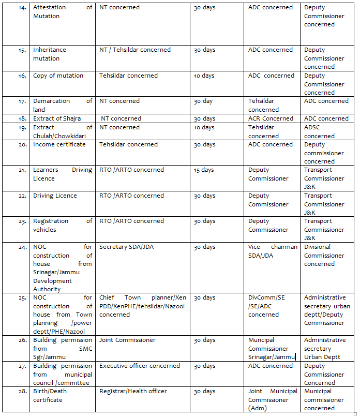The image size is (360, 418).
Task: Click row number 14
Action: click(22, 8)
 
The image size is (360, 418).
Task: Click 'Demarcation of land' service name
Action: click(63, 106)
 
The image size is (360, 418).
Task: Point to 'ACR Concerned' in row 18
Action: click(271, 118)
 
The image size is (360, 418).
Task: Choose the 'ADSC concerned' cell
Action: click(319, 131)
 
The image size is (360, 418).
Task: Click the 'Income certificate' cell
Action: click(59, 145)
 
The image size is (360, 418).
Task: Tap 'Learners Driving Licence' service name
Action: click(63, 174)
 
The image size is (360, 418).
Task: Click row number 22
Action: click(22, 196)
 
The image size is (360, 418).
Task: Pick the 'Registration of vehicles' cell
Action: click(63, 226)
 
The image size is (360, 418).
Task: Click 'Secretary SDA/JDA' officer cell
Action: click(126, 247)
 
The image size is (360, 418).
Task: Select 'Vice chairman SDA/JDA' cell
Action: click(273, 251)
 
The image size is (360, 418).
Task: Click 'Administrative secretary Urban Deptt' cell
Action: click(325, 349)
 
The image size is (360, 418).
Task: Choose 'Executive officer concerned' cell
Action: click(140, 366)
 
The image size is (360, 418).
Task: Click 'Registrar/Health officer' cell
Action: click(133, 392)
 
